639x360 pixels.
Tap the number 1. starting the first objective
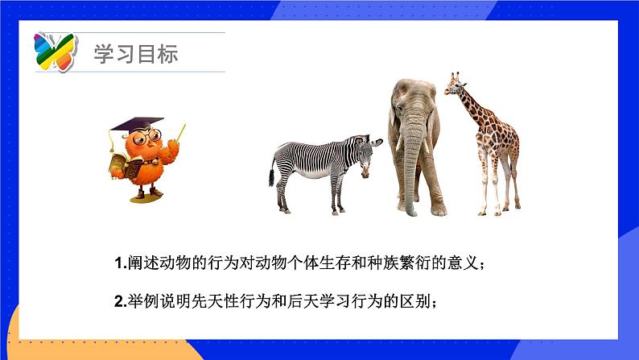pyautogui.click(x=119, y=263)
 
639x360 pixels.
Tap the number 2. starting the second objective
pyautogui.click(x=119, y=303)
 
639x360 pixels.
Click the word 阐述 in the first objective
pyautogui.click(x=138, y=263)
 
